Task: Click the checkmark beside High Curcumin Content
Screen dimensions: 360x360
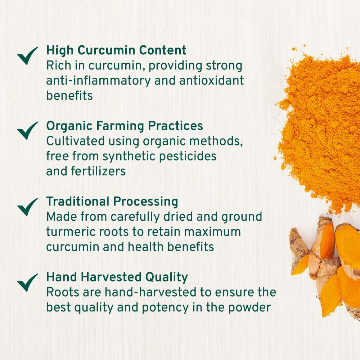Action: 27,56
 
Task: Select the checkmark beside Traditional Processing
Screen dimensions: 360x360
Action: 27,206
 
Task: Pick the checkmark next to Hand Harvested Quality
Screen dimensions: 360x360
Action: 27,282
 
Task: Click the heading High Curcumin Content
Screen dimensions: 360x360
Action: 116,50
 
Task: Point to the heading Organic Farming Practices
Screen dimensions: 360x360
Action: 125,126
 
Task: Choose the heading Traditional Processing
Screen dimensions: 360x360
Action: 112,202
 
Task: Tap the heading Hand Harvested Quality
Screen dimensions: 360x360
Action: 117,277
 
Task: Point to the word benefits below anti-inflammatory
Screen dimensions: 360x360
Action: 69,96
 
